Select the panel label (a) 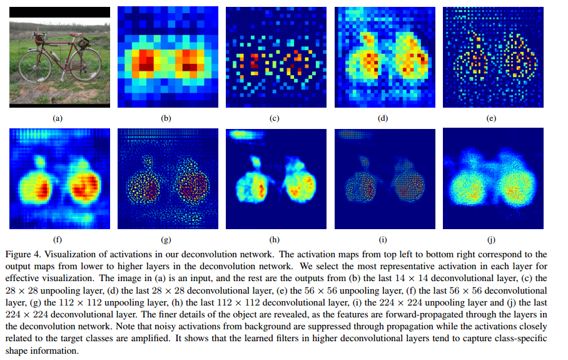59,117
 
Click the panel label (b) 166,117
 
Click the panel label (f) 59,239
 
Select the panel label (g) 166,239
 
